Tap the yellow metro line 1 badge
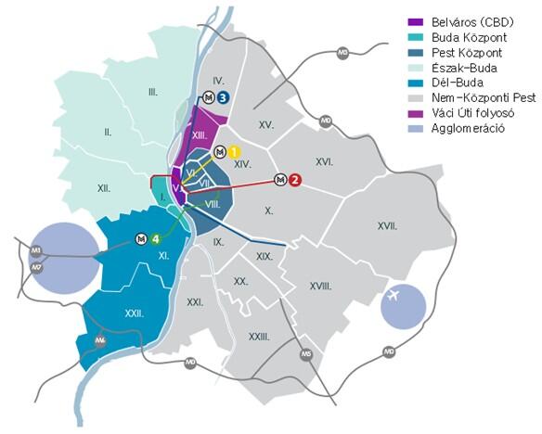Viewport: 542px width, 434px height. (x=235, y=151)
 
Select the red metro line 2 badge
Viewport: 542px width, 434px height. (x=295, y=180)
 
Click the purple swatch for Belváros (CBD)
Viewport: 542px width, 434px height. (x=415, y=20)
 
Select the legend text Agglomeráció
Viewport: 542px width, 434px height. (x=469, y=128)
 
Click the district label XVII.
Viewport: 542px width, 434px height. (x=387, y=225)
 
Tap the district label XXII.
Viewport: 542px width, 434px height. (x=134, y=313)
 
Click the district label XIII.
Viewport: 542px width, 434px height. (x=199, y=135)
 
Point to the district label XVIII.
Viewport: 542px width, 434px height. (x=320, y=287)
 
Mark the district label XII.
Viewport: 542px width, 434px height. (x=104, y=188)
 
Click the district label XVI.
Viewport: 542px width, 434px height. (x=323, y=161)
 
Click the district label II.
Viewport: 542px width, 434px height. (x=108, y=133)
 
